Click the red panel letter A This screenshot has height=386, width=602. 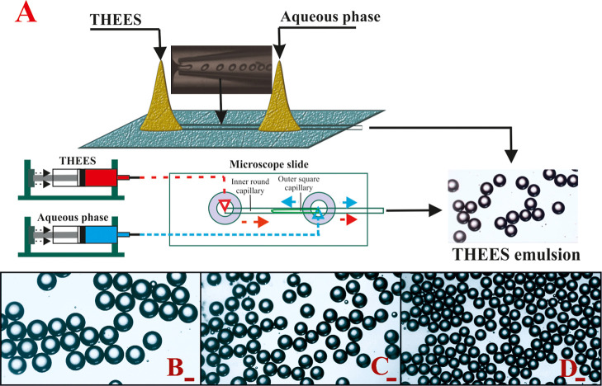point(26,12)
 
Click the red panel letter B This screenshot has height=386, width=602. point(175,369)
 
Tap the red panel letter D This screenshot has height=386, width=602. point(567,369)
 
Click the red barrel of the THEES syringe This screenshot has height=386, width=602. point(101,177)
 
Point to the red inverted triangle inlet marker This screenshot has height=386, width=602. point(225,206)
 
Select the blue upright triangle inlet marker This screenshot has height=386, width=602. point(318,214)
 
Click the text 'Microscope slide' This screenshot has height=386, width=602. point(269,164)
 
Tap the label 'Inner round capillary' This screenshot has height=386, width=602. point(249,187)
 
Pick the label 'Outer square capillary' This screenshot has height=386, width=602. point(295,183)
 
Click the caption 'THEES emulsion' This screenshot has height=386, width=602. point(516,255)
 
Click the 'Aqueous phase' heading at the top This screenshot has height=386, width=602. point(330,16)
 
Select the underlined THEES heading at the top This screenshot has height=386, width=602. point(115,20)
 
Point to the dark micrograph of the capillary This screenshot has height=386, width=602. point(221,69)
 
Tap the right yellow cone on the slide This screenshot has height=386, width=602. point(279,101)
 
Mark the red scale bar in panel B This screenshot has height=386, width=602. point(189,379)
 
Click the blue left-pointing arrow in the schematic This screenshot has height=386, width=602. point(289,202)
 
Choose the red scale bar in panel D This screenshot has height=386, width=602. point(580,379)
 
